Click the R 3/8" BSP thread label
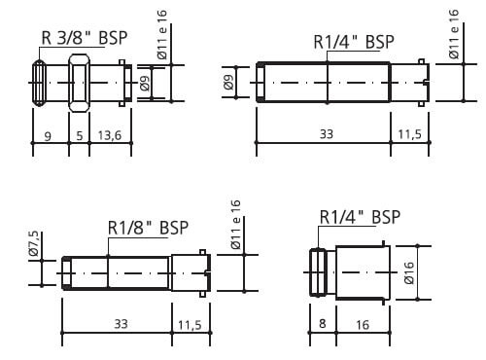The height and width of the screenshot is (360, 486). click(x=85, y=38)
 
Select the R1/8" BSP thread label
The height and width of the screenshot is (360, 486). click(x=148, y=228)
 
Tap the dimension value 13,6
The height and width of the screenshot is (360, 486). click(x=110, y=135)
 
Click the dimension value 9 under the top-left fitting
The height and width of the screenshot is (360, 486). click(x=48, y=136)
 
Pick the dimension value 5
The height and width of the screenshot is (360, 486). click(x=80, y=135)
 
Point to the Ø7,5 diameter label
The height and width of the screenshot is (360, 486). click(x=34, y=243)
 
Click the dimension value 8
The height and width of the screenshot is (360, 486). click(x=322, y=323)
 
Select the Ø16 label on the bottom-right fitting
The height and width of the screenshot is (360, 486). click(x=409, y=272)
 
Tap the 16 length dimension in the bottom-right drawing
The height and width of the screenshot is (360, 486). click(x=363, y=325)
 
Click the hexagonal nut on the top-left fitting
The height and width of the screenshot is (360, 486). click(x=79, y=83)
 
